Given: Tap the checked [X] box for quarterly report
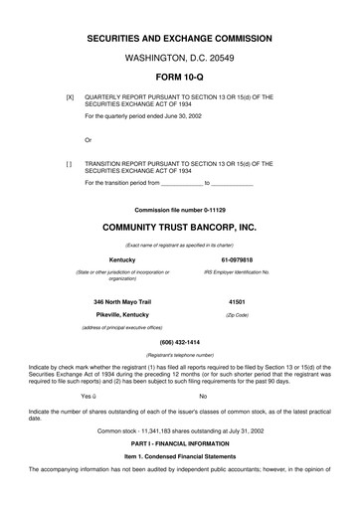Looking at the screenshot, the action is [69, 97].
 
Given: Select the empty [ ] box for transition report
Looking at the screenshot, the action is [69, 162].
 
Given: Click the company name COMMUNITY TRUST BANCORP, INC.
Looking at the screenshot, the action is [179, 227].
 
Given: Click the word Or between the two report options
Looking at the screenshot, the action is [89, 138].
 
